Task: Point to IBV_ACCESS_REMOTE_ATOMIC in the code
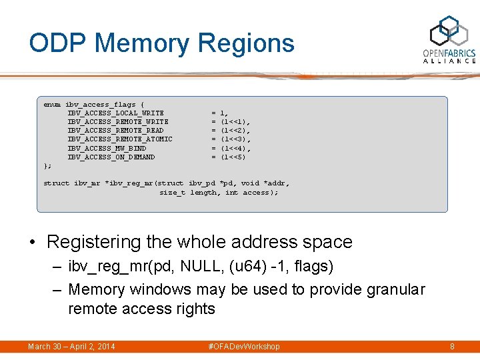(x=119, y=139)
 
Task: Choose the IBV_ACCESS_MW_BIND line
(x=106, y=148)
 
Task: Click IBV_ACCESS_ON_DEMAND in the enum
(x=111, y=157)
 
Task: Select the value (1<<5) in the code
(x=233, y=157)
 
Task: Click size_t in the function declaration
(x=172, y=193)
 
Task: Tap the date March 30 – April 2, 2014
(x=71, y=347)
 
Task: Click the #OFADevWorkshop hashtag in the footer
(x=244, y=347)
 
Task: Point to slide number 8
(x=452, y=347)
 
